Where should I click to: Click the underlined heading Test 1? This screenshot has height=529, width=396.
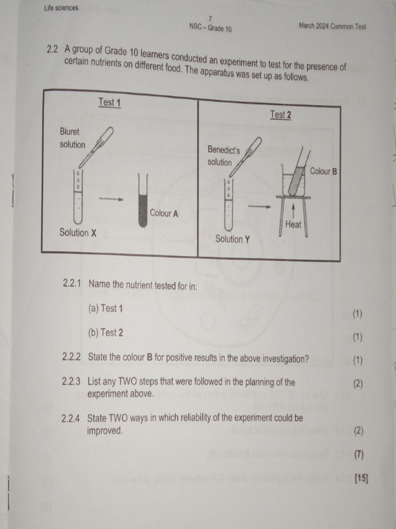[109, 102]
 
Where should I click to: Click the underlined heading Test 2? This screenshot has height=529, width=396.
[280, 115]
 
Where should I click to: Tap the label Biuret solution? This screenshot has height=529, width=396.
[72, 138]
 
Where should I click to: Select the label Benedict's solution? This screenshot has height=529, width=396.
[223, 155]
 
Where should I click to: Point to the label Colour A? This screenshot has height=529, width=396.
[164, 213]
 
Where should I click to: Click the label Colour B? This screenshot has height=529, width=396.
[323, 171]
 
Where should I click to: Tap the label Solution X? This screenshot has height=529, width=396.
[78, 233]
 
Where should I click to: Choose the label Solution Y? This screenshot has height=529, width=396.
[233, 239]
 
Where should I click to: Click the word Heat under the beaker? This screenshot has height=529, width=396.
[293, 225]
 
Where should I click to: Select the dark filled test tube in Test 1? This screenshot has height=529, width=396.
[143, 207]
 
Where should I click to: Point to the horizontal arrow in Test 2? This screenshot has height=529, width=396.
[259, 206]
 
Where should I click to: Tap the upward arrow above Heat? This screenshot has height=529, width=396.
[293, 210]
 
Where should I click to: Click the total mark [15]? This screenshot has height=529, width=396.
[361, 478]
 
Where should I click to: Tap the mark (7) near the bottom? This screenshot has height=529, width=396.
[358, 455]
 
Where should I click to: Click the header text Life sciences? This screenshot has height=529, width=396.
[61, 8]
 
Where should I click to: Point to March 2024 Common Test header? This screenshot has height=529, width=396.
[332, 26]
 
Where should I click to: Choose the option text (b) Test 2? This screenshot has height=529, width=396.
[106, 333]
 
